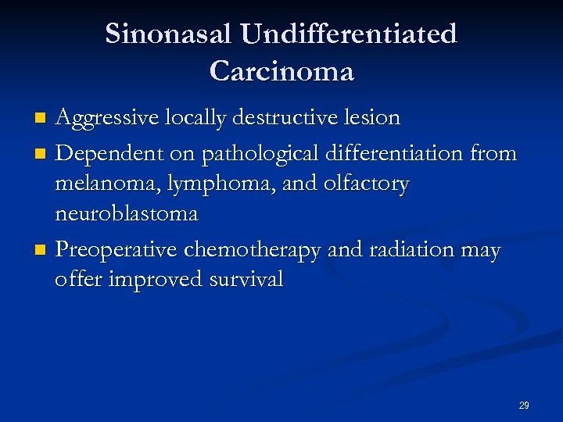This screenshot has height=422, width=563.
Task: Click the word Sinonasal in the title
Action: (169, 34)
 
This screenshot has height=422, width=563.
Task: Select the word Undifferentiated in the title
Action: (349, 34)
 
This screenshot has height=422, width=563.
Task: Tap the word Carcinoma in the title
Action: (281, 71)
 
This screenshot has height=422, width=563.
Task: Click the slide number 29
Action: (524, 406)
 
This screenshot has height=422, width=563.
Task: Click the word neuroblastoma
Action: (126, 213)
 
